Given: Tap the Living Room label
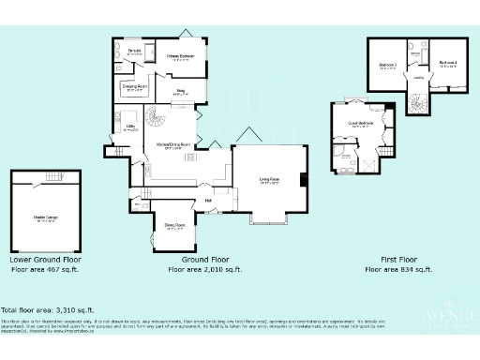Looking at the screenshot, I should [270, 181].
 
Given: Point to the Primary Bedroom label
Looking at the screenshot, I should [180, 57].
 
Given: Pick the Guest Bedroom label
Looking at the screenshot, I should [362, 123].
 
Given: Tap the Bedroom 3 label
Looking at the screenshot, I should [387, 65].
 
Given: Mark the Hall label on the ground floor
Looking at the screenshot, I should [207, 199].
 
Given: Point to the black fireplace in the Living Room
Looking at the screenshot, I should [303, 180].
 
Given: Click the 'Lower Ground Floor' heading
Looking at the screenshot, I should [46, 259].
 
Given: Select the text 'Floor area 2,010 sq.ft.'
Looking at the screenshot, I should [204, 269].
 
